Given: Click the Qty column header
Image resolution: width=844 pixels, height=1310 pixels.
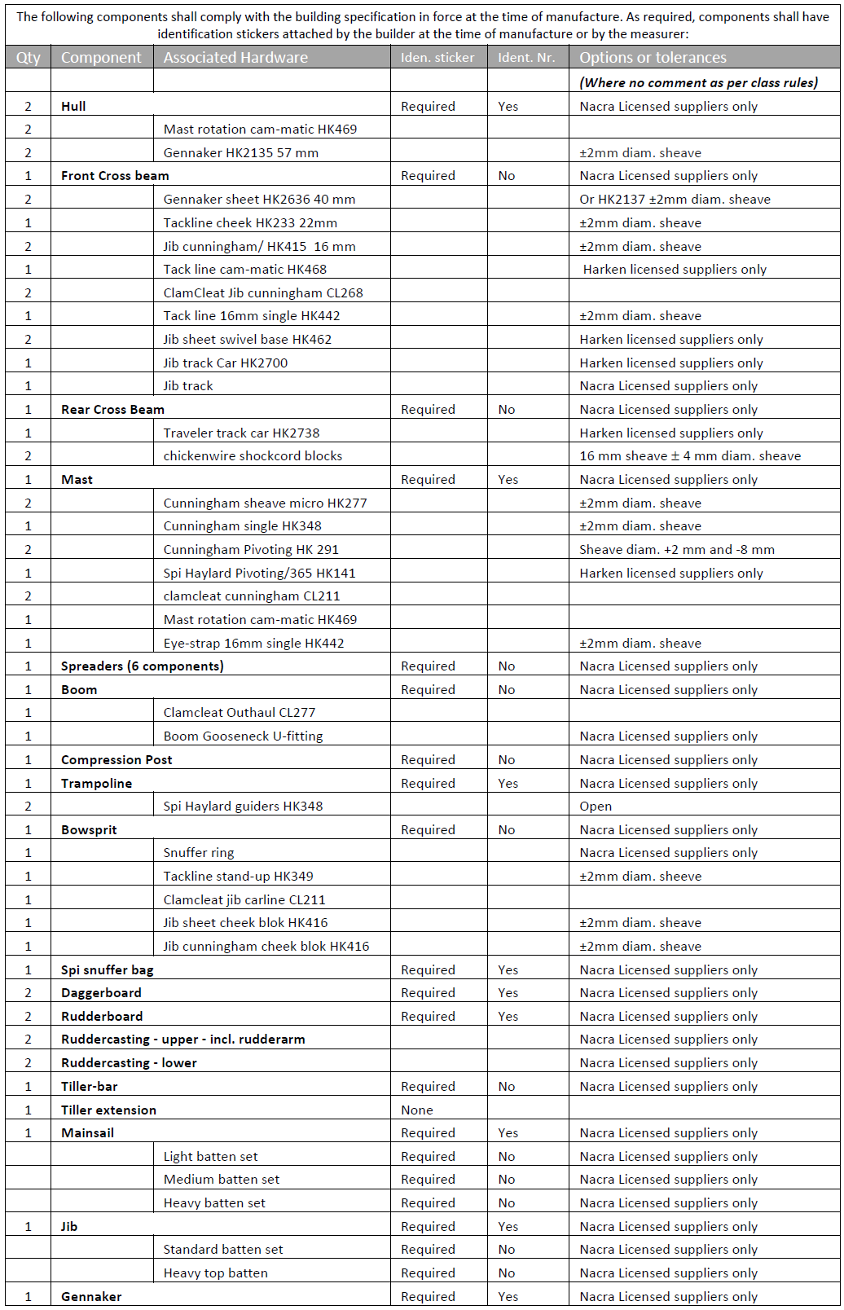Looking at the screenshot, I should (x=28, y=57).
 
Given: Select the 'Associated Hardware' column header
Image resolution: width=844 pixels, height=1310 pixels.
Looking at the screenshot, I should (x=235, y=57).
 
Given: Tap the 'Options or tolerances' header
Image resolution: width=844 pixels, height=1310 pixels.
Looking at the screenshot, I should (x=653, y=57).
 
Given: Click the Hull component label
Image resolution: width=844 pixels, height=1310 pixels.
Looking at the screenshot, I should (x=73, y=106).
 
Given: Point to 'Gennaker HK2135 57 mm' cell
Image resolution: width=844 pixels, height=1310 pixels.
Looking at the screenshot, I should (x=240, y=152).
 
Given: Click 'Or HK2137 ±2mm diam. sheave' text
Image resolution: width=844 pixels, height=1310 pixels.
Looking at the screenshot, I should (x=675, y=199).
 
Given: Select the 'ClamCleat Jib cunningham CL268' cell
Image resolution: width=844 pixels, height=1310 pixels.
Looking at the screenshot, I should (x=263, y=292).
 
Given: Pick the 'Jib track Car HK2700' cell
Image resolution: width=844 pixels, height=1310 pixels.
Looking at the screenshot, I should (x=225, y=363).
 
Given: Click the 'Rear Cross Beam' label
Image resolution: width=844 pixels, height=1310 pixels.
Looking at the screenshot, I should (x=112, y=409).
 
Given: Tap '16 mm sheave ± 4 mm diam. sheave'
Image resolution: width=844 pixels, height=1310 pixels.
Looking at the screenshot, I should (x=690, y=455).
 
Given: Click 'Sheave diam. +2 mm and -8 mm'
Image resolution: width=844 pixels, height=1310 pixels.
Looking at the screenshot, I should (x=676, y=549).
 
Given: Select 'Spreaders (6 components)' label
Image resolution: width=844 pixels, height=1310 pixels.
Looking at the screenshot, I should (x=142, y=666).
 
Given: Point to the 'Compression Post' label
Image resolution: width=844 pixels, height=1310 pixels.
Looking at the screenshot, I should (x=116, y=759).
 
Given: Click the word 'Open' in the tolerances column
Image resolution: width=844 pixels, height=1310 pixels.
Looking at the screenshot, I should (x=596, y=806).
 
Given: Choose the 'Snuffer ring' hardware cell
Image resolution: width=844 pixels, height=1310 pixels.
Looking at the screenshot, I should (x=198, y=852).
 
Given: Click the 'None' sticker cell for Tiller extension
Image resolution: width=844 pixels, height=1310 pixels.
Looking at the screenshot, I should (x=416, y=1110).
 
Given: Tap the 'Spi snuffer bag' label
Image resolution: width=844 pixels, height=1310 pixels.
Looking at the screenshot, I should (x=107, y=969).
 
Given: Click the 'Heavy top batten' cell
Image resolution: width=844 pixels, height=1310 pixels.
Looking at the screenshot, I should (x=215, y=1273).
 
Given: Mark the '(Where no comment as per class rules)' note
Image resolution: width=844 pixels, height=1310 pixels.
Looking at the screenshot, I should (x=698, y=82).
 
